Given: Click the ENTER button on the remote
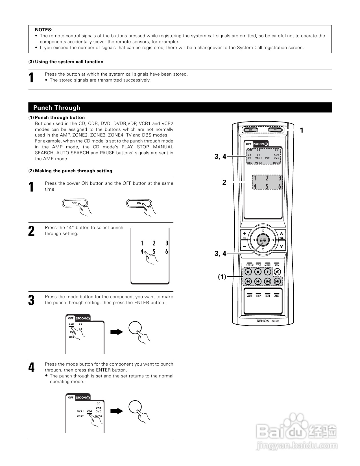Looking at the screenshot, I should (263, 240).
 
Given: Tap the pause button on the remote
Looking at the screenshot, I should (248, 272).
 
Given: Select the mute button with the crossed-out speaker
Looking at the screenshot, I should (277, 272).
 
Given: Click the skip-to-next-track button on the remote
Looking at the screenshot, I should (277, 281).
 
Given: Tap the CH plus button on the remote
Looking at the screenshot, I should (245, 234).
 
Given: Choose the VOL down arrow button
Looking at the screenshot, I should (281, 246).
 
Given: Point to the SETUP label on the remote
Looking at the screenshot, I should (250, 265).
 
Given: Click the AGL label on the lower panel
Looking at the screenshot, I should (277, 296).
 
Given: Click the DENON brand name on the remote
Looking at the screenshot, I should (263, 321).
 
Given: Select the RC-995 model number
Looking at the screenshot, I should (276, 321).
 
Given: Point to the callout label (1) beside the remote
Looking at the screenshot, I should (222, 277).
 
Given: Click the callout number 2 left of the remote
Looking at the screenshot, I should (224, 183).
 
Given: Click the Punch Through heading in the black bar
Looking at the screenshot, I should (57, 107).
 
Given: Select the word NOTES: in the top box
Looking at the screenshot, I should (43, 30).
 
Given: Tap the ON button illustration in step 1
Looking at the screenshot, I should (139, 203).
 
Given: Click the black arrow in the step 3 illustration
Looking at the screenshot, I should (117, 332).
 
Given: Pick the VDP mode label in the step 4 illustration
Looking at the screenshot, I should (90, 412).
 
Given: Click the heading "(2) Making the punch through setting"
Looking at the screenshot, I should (70, 171).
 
